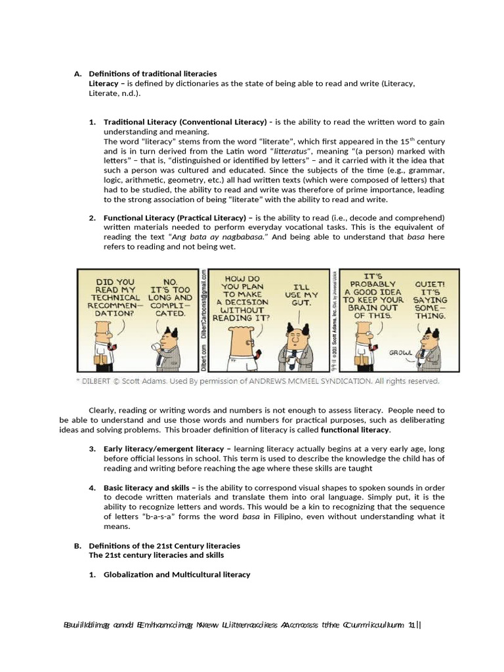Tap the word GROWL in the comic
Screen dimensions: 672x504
[x=401, y=352]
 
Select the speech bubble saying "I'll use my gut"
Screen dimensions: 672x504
[x=301, y=295]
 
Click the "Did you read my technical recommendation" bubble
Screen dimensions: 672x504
[x=115, y=297]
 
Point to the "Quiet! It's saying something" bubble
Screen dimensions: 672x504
[x=430, y=300]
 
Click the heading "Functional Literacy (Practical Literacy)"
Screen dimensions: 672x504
[x=174, y=218]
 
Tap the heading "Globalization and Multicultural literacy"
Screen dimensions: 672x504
[x=177, y=574]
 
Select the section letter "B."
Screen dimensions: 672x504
[x=77, y=545]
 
